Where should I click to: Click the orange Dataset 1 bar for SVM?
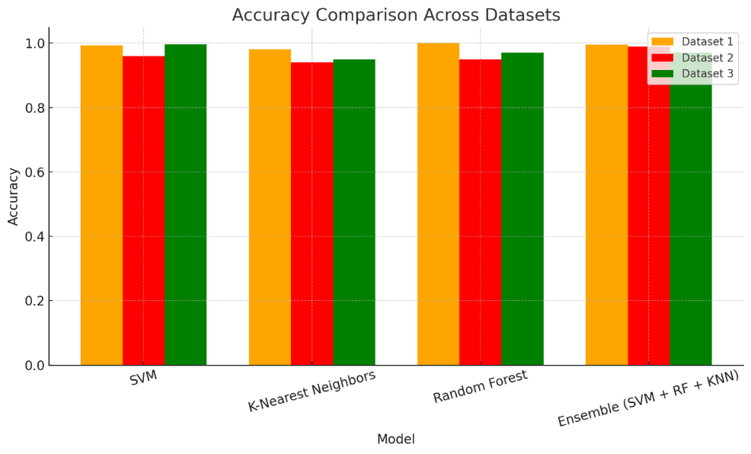[101, 206]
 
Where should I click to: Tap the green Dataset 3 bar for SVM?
[185, 205]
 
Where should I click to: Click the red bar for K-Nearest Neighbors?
[312, 214]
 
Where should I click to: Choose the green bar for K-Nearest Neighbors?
[353, 213]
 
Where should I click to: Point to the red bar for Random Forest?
[480, 213]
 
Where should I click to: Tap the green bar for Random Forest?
[522, 209]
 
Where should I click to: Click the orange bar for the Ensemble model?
[606, 205]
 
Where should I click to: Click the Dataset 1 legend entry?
[696, 42]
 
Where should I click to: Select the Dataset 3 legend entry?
[696, 74]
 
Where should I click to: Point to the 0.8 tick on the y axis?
[34, 108]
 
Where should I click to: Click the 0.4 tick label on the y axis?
[34, 237]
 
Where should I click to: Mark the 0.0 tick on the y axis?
[34, 366]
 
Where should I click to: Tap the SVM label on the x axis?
[143, 379]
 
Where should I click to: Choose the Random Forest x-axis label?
[480, 388]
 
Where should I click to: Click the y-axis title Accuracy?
[14, 197]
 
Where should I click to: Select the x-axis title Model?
[396, 440]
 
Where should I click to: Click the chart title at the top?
[396, 15]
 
